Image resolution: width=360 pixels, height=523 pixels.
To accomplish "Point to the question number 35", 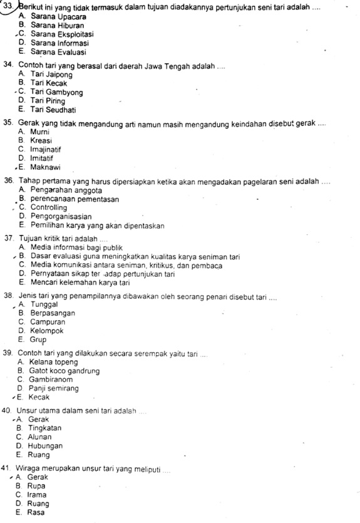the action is click(8, 123).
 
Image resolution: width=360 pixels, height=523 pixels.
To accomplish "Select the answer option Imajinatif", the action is click(48, 150).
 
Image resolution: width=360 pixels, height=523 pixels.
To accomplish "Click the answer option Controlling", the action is click(48, 207).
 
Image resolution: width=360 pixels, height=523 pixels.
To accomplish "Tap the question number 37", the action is click(8, 239).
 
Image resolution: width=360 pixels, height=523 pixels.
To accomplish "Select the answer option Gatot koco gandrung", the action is click(64, 370).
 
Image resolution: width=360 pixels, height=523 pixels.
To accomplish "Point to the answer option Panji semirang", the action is click(56, 388).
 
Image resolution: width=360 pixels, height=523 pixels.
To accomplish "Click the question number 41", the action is click(8, 468).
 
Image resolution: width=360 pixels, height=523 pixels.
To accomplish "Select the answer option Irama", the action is click(42, 494).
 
